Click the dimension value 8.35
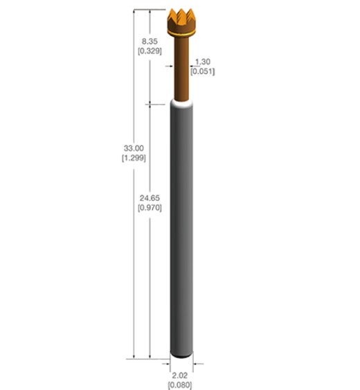coord(150,41)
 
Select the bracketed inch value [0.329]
coord(150,51)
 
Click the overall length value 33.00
coord(133,148)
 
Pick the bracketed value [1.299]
coord(133,159)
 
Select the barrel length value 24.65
coord(150,197)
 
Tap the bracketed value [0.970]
coord(150,208)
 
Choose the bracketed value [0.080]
coord(181,384)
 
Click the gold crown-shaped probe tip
coord(183,22)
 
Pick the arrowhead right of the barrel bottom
coord(197,362)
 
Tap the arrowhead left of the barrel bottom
coord(168,362)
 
